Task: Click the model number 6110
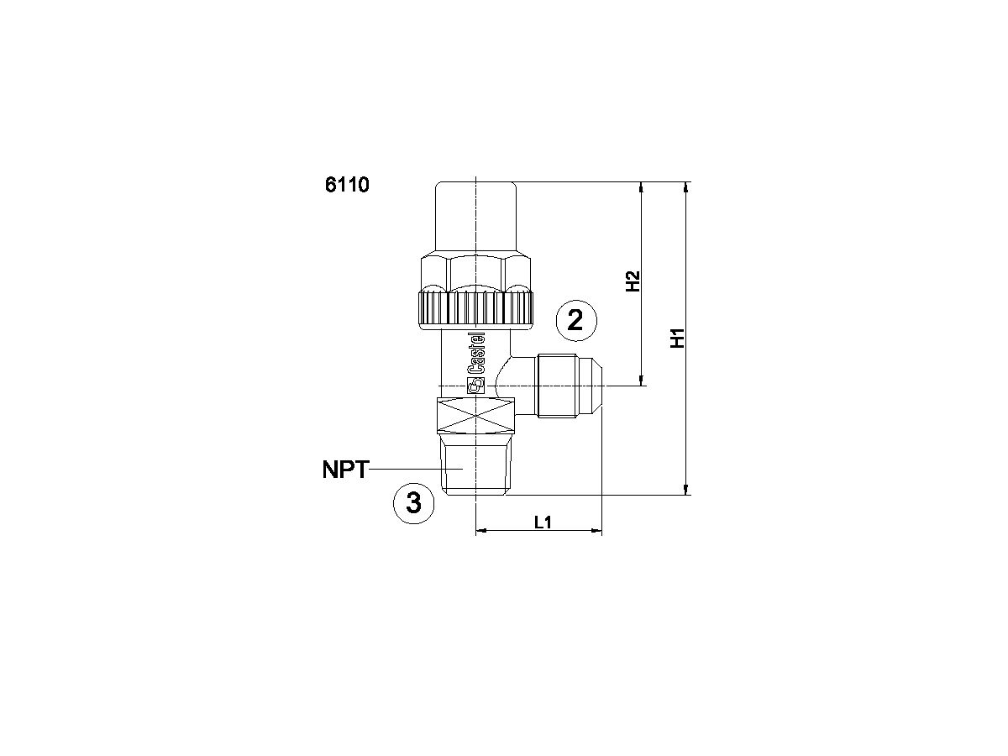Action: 347,185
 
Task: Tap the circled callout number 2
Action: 576,321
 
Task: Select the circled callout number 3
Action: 414,503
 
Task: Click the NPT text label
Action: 344,470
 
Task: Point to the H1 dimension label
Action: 679,338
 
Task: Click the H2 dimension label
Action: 633,281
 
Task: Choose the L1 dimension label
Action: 543,522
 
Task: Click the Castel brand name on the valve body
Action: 476,353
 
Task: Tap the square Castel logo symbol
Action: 476,386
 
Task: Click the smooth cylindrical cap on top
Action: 476,215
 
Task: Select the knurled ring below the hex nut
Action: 476,307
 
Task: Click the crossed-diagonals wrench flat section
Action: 476,417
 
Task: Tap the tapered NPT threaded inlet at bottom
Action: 476,466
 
